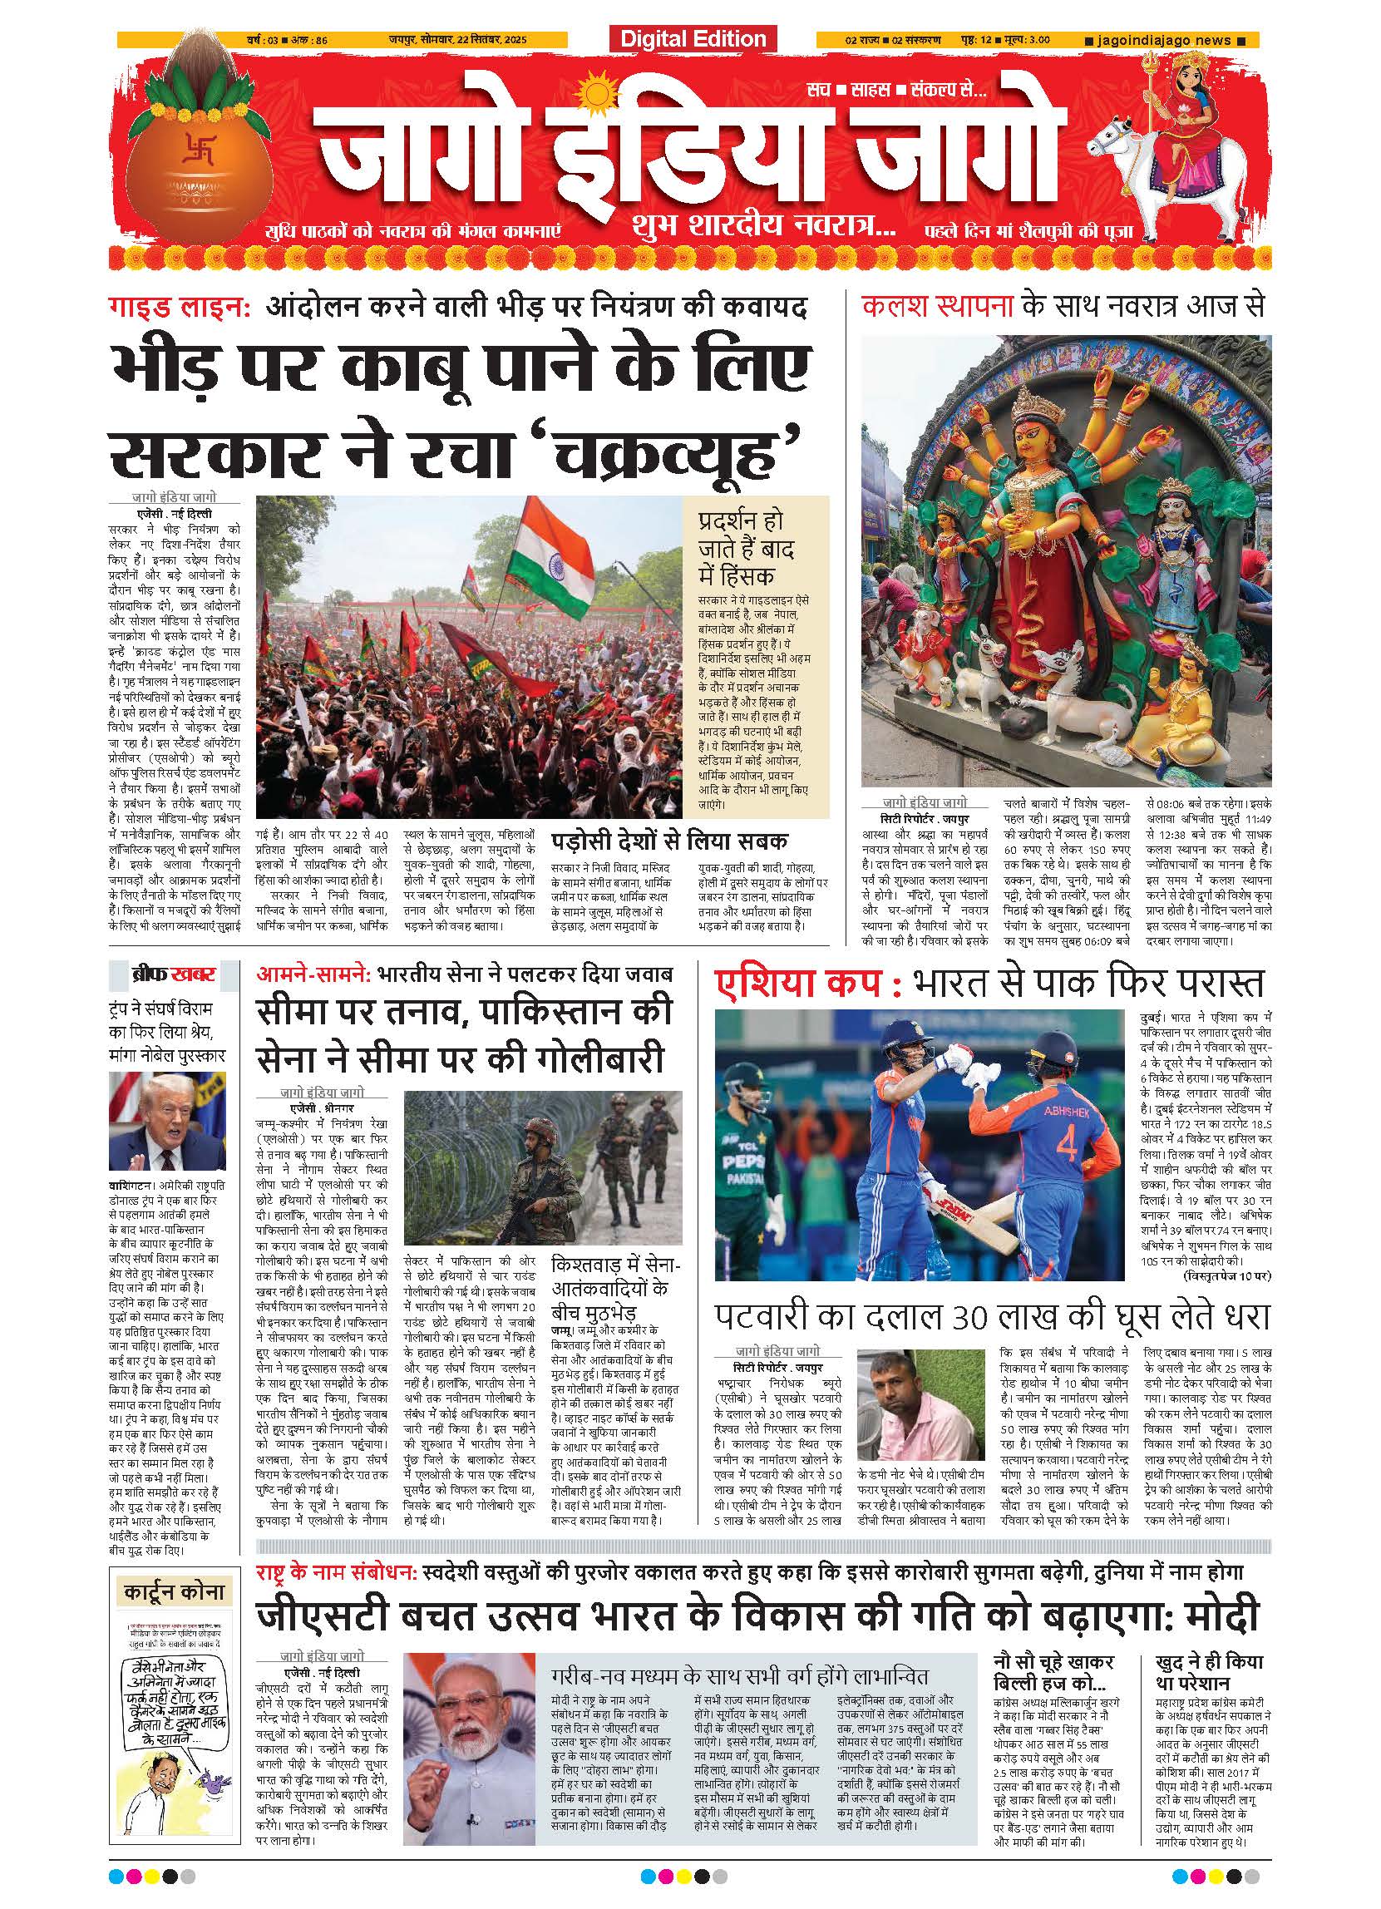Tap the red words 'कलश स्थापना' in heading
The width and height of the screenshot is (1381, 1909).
point(939,306)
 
